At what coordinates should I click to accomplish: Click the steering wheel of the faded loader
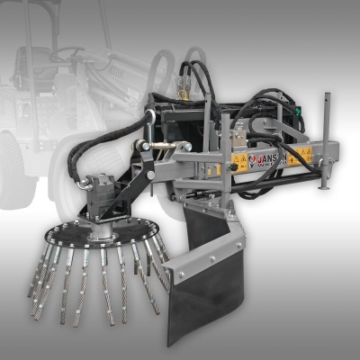pos(67,56)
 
